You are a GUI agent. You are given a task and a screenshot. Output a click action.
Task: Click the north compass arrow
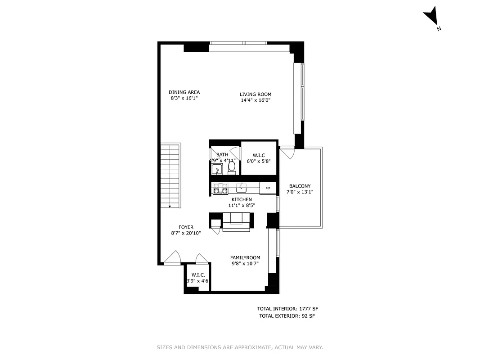[x=431, y=17]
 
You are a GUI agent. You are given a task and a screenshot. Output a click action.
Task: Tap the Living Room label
[x=255, y=94]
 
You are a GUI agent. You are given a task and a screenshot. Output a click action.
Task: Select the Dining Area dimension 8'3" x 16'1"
[x=184, y=98]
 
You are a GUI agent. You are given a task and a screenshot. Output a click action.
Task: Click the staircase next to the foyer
[x=170, y=175]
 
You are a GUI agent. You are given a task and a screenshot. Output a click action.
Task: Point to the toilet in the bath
[x=232, y=167]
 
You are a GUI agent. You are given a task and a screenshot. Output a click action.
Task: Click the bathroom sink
[x=217, y=170]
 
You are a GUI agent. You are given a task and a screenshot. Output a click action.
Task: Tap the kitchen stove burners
[x=220, y=189]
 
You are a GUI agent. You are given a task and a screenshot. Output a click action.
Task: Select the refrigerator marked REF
[x=268, y=188]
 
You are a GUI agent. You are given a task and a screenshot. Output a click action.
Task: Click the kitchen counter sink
[x=242, y=187]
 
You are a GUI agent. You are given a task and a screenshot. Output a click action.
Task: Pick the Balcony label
[x=300, y=186]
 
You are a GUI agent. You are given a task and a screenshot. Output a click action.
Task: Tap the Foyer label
[x=186, y=227]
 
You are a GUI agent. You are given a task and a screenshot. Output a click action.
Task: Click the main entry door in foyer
[x=172, y=258]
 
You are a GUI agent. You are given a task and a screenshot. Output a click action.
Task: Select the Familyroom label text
[x=245, y=258]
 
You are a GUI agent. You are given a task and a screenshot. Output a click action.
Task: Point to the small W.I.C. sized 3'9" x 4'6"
[x=198, y=278]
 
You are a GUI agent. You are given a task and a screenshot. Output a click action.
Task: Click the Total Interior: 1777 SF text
[x=287, y=309]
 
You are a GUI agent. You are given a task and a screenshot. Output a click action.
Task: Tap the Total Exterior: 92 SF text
[x=287, y=316]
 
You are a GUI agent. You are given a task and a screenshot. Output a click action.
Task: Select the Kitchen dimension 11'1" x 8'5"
[x=242, y=205]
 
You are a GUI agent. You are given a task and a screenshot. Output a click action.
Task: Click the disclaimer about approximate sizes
[x=240, y=347]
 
